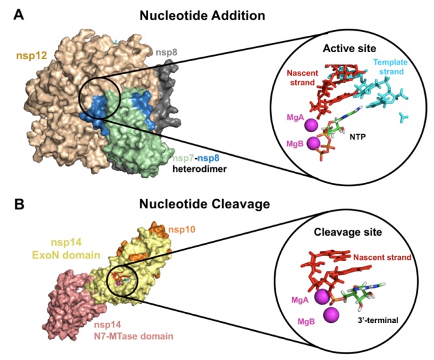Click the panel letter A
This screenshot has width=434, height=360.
[x=19, y=15]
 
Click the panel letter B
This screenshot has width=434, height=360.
[x=19, y=204]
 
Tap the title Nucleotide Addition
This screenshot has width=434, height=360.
[x=202, y=16]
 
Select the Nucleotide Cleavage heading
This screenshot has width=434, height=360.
[x=205, y=204]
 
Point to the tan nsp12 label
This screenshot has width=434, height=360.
[x=31, y=56]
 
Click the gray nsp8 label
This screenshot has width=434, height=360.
[x=166, y=52]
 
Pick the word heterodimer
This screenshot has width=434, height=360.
[x=199, y=169]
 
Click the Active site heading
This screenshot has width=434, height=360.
[x=349, y=49]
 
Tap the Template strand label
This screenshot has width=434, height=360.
[x=390, y=67]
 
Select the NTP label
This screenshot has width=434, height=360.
[x=358, y=137]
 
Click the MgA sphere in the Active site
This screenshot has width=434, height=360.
[x=311, y=125]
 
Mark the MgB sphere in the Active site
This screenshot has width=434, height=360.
[x=313, y=143]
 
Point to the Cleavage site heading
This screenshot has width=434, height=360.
[x=347, y=232]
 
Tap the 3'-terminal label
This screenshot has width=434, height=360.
[x=378, y=320]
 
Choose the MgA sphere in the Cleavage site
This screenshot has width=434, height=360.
[x=322, y=297]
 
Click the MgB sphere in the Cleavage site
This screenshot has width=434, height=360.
[x=332, y=314]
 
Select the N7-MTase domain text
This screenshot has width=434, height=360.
[x=134, y=336]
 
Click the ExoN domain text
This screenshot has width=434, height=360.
[x=66, y=255]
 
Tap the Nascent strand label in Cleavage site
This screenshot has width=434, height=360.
[x=383, y=257]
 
